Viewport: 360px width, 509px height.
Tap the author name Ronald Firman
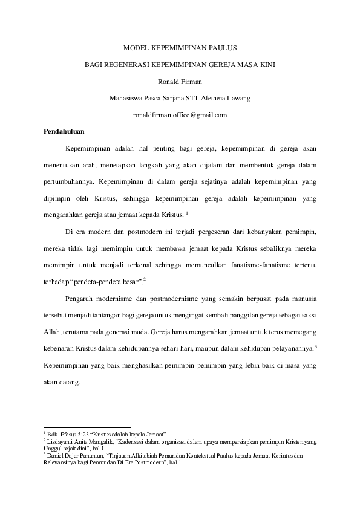tap(180, 80)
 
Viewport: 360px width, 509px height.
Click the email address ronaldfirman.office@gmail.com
tap(180, 114)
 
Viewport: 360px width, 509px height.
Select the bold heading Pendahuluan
tap(64, 131)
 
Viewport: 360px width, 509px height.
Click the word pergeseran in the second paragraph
tap(208, 231)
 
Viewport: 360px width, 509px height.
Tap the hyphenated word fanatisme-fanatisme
tap(255, 264)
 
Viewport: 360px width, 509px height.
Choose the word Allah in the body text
tap(53, 332)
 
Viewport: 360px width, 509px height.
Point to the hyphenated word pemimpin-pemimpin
tap(185, 365)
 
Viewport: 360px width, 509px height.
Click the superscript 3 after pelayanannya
tap(316, 346)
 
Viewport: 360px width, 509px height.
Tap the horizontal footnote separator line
tap(87, 427)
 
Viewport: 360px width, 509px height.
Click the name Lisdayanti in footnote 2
tap(59, 442)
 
